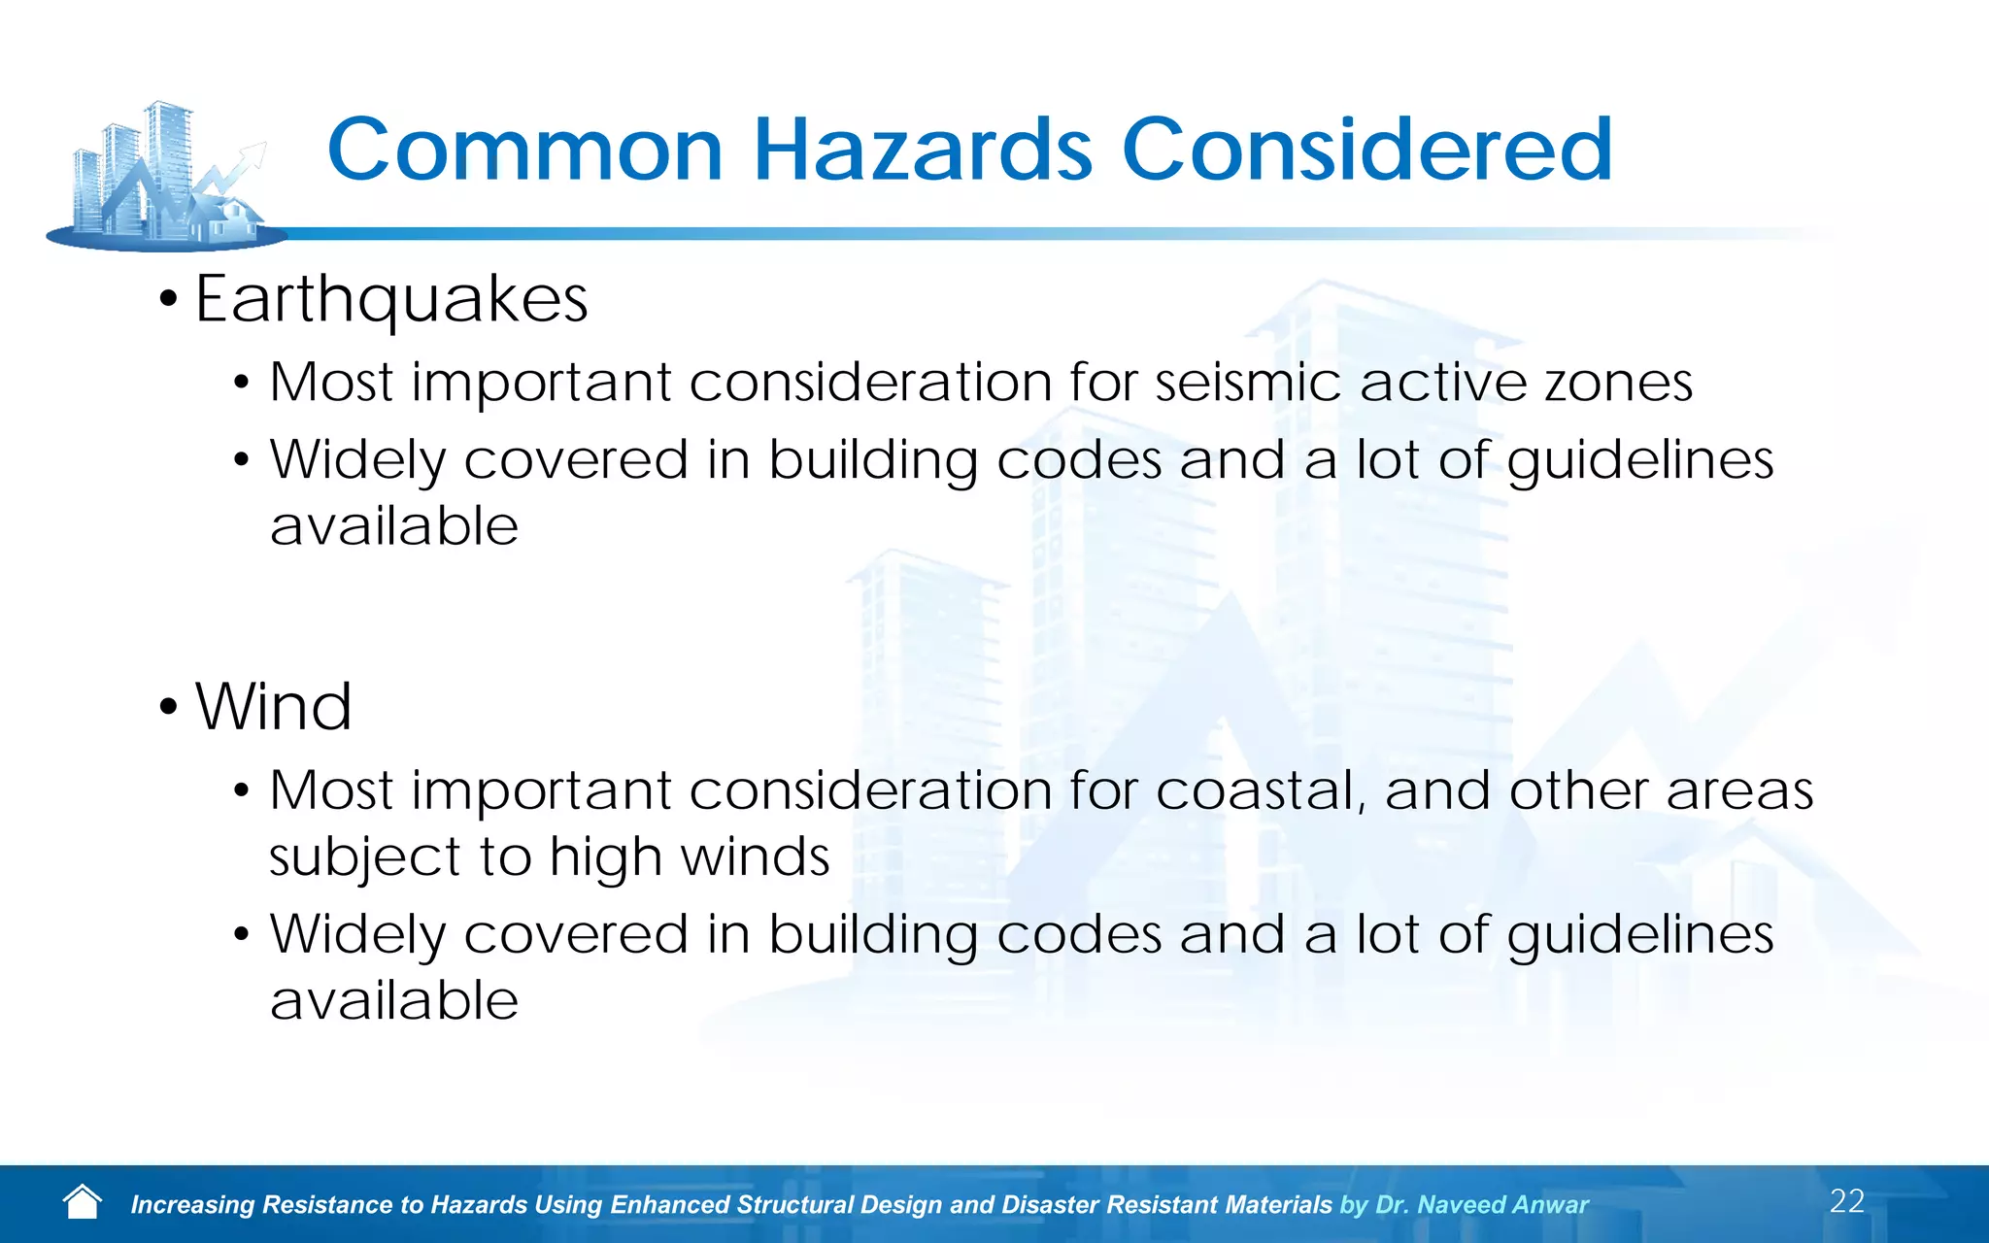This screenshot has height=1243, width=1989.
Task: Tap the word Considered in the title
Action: pyautogui.click(x=1366, y=150)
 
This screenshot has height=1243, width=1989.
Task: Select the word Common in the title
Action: pyautogui.click(x=525, y=150)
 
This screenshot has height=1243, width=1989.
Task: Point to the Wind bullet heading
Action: pyautogui.click(x=274, y=707)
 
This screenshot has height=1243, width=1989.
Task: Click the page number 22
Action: pyautogui.click(x=1846, y=1201)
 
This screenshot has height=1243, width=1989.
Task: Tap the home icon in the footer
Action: pyautogui.click(x=83, y=1202)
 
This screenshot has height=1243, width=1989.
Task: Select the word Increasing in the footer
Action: pyautogui.click(x=191, y=1205)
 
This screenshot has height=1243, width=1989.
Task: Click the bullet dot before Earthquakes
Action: pyautogui.click(x=169, y=300)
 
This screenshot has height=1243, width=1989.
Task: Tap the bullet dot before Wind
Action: pyautogui.click(x=169, y=708)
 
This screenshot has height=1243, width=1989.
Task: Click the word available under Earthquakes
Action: pyautogui.click(x=394, y=526)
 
